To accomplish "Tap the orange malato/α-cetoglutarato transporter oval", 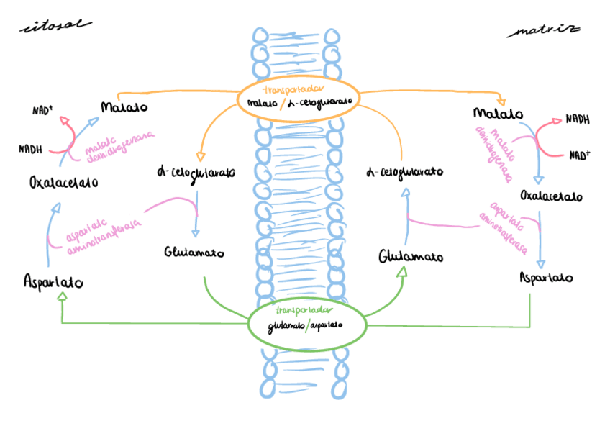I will (x=299, y=97).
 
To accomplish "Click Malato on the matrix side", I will (x=498, y=114).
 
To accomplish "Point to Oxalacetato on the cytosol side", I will (x=64, y=182).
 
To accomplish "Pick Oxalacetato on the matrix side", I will (x=551, y=196).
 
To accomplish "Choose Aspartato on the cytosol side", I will (x=53, y=282).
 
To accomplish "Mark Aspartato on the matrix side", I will (x=546, y=277).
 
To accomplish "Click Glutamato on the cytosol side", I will (x=194, y=253).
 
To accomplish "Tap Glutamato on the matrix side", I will (x=410, y=257).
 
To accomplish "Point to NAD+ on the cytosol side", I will (x=43, y=111).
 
